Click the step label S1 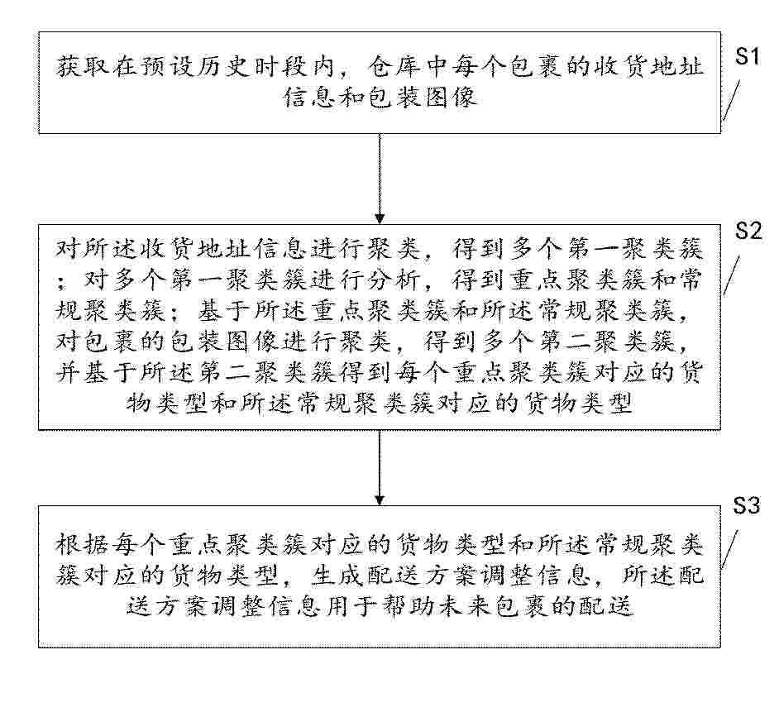(x=748, y=56)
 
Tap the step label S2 (x=748, y=231)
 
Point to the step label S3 (x=747, y=505)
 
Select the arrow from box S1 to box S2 (x=380, y=179)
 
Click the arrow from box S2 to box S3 (x=380, y=467)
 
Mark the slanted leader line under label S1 (x=731, y=100)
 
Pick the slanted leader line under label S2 (x=733, y=275)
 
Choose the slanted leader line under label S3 (x=730, y=548)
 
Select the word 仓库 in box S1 (x=395, y=67)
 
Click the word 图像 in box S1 (x=451, y=97)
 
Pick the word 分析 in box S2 (x=395, y=280)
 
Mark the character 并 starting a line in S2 (x=68, y=372)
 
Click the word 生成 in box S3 (x=338, y=576)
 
